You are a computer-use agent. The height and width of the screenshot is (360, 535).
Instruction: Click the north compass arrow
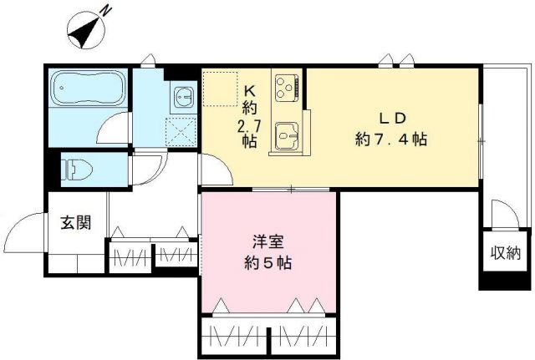(84, 30)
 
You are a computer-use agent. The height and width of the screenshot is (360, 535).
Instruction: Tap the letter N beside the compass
(107, 10)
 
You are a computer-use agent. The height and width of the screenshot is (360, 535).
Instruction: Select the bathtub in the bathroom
(89, 88)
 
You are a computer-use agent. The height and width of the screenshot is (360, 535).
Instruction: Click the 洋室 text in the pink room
(267, 243)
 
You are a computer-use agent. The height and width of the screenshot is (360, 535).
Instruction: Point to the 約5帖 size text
(267, 263)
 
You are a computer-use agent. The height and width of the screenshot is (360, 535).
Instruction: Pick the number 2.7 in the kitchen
(250, 125)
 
